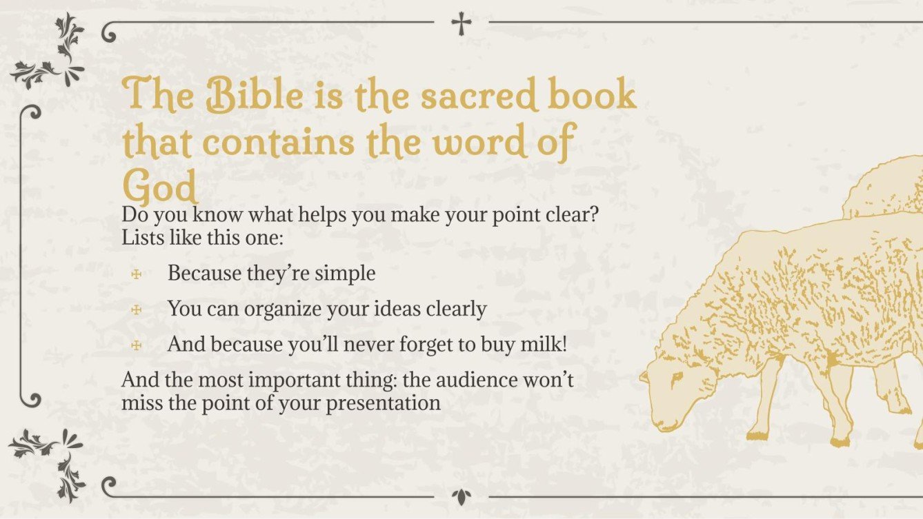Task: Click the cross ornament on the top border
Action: click(461, 23)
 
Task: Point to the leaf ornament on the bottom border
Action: click(461, 496)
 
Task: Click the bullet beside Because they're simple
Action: click(137, 274)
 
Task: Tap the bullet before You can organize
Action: click(137, 309)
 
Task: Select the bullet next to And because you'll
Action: click(137, 345)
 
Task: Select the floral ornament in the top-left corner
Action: click(51, 52)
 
